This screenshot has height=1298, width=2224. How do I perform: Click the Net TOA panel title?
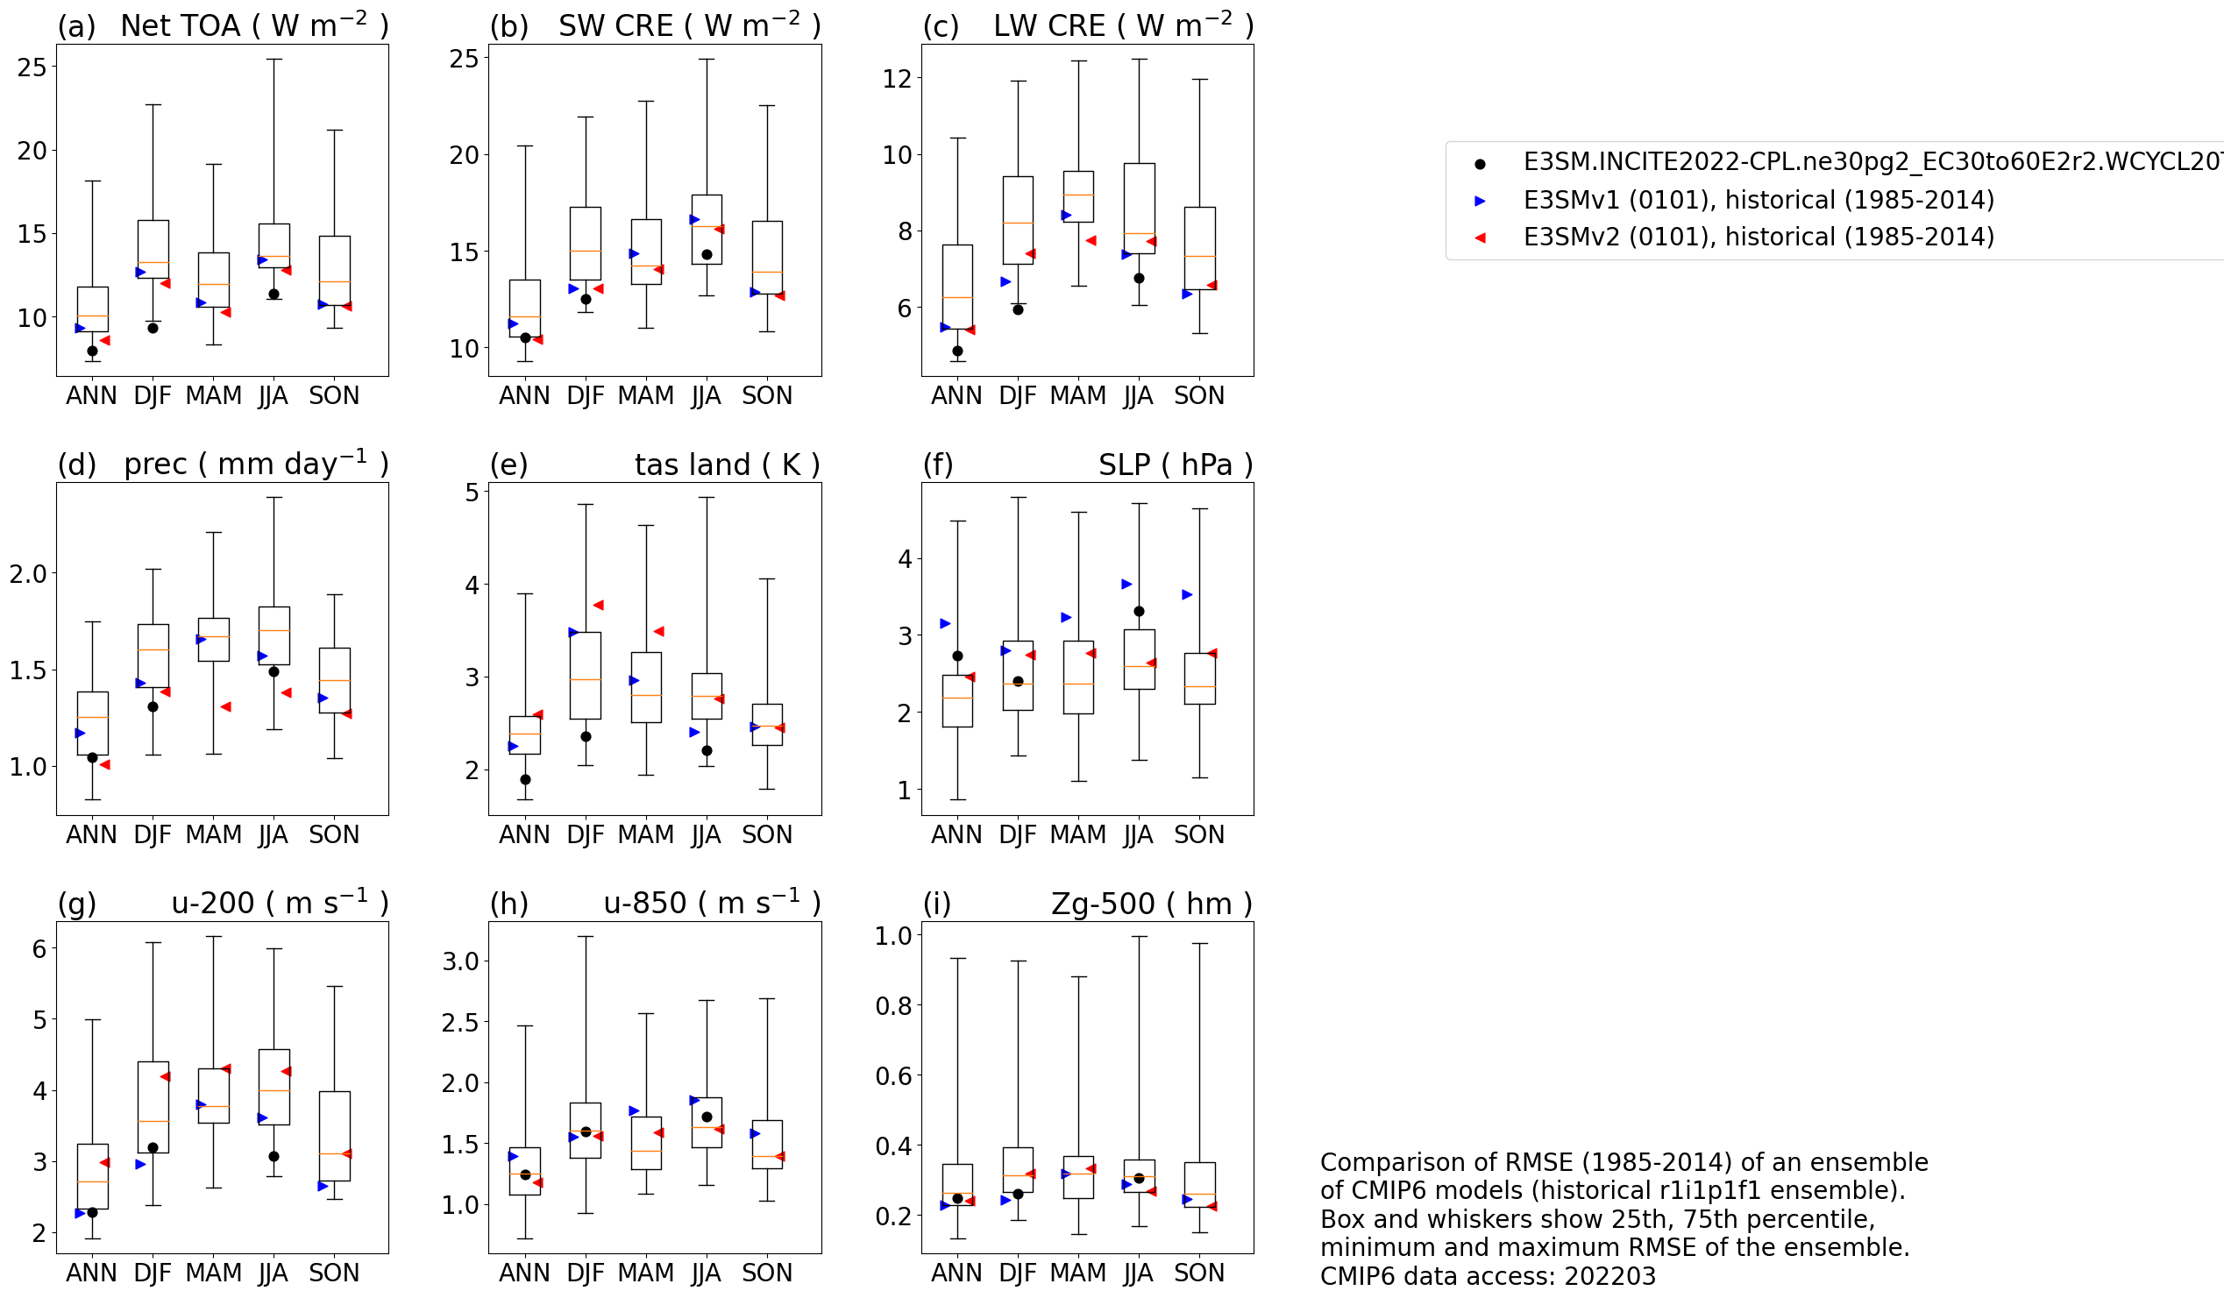[254, 25]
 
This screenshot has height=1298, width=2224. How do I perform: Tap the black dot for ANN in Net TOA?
[93, 351]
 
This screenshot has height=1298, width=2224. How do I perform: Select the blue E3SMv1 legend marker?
[1480, 202]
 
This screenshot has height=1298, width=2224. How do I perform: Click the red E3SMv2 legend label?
[1758, 238]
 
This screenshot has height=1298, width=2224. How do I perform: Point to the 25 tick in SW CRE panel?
[464, 59]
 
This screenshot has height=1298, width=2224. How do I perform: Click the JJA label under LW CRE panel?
[1138, 396]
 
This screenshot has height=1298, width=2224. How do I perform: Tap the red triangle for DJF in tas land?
[598, 606]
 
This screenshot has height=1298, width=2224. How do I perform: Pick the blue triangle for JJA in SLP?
[1126, 585]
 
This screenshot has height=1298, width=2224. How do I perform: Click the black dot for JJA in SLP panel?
[1139, 612]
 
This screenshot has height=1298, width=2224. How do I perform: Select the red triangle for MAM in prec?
[226, 706]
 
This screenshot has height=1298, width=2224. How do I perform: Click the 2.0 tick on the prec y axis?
[27, 574]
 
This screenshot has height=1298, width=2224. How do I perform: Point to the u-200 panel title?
[280, 904]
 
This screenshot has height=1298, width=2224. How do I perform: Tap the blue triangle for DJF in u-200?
[140, 1165]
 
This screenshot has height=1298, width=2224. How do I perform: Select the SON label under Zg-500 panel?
[1198, 1273]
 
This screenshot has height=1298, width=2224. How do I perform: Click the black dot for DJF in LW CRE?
[1018, 309]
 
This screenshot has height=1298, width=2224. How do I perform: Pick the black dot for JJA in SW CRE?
[706, 255]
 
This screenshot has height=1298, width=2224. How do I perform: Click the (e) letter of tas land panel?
[508, 465]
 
